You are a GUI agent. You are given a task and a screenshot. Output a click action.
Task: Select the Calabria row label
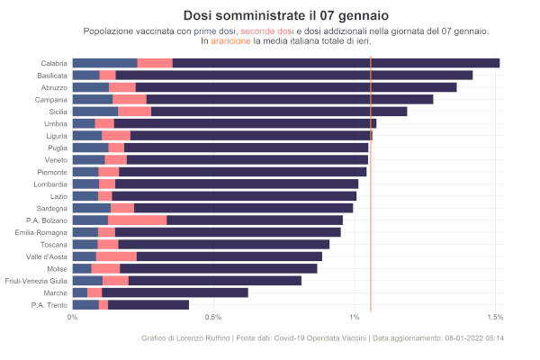(x=53, y=63)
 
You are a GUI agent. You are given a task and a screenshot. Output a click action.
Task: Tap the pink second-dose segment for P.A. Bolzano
(x=137, y=220)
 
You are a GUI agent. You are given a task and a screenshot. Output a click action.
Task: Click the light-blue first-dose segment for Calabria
(x=104, y=63)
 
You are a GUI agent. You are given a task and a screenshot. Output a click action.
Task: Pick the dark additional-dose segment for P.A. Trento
(x=148, y=305)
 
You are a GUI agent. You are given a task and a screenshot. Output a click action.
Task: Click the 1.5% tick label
(x=494, y=318)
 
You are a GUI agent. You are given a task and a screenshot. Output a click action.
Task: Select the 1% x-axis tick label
(x=355, y=318)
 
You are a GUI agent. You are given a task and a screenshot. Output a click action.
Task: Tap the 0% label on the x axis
(x=72, y=318)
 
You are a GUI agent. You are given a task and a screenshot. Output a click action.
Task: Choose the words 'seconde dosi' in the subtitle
(x=267, y=31)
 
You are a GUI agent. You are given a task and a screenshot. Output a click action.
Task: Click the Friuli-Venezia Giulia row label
(x=36, y=281)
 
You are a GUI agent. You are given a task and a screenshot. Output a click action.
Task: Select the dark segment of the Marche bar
(x=175, y=292)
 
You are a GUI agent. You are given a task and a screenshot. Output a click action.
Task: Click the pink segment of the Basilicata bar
(x=108, y=75)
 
